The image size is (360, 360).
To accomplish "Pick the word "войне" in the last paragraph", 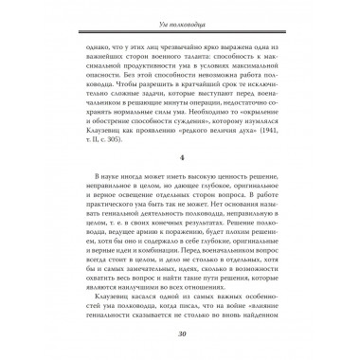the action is pos(259,320).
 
